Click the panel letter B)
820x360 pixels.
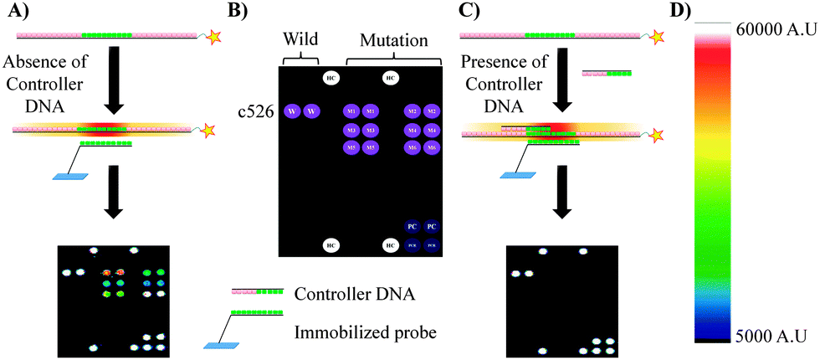pos(227,12)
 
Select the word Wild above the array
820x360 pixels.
pos(300,39)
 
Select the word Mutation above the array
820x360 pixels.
pos(393,39)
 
